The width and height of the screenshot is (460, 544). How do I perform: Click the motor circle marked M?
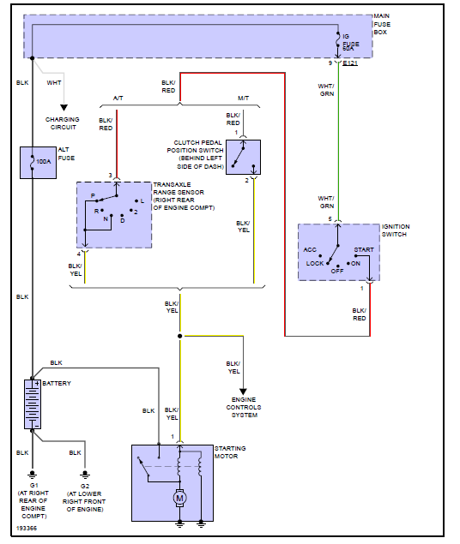(x=179, y=498)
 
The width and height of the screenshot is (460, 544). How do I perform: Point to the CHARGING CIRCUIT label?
(x=62, y=123)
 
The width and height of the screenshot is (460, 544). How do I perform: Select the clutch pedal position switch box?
(x=243, y=157)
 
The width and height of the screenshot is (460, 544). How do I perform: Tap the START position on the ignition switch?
(x=363, y=249)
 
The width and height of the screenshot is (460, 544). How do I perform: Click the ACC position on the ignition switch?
(x=310, y=249)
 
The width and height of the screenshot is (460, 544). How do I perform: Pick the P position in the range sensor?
(x=93, y=195)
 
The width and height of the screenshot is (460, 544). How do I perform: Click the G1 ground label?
(x=32, y=485)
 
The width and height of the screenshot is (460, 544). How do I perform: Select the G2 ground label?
(x=83, y=485)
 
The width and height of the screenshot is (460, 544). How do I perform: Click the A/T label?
(x=118, y=98)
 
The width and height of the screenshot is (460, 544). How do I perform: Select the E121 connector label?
(x=351, y=63)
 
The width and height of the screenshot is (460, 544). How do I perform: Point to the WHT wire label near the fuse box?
(x=53, y=83)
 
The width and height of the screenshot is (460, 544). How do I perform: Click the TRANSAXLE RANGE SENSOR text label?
(x=183, y=196)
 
